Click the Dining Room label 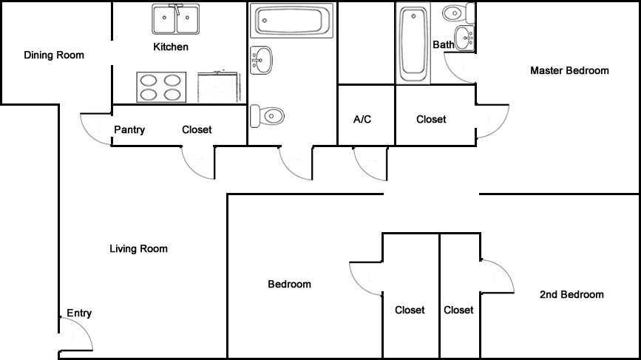(54, 55)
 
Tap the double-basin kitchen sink (177, 20)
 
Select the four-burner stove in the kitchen (160, 87)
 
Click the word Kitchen (171, 47)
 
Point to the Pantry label (129, 130)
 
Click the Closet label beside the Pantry (197, 130)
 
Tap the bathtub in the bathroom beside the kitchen (291, 21)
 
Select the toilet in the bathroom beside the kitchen (267, 115)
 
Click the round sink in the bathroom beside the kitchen (261, 60)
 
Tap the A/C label (362, 119)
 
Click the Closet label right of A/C (431, 119)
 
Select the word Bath (444, 44)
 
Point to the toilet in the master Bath (456, 13)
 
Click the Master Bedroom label (569, 71)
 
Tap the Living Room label (138, 249)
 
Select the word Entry (79, 313)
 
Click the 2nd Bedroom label (572, 294)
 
